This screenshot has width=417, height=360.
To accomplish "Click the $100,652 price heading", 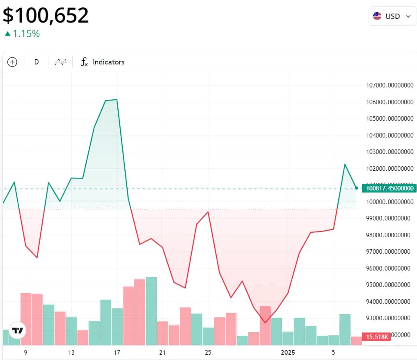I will [x=46, y=16].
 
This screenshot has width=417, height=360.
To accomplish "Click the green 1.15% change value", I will [x=26, y=34].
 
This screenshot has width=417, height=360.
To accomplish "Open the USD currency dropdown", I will [x=392, y=16].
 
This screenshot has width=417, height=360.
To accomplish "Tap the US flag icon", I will [x=377, y=16].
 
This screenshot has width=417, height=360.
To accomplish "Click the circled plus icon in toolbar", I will [x=12, y=62].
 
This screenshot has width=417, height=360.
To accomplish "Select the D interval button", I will [x=37, y=62].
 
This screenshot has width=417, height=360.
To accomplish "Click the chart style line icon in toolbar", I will [x=61, y=62].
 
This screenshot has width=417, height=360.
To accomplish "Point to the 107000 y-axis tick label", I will [x=390, y=85].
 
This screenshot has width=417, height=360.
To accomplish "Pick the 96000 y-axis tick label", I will [x=390, y=268].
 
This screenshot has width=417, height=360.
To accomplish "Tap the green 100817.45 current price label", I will [x=389, y=188].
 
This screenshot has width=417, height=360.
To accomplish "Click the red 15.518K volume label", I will [x=376, y=337].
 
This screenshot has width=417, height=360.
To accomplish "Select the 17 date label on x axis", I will [x=117, y=353].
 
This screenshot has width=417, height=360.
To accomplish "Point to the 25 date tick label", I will [x=208, y=353].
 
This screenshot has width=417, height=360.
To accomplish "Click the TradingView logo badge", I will [x=17, y=330].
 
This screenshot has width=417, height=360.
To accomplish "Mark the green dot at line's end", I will [x=356, y=188].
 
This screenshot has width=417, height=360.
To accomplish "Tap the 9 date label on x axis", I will [x=25, y=353].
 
